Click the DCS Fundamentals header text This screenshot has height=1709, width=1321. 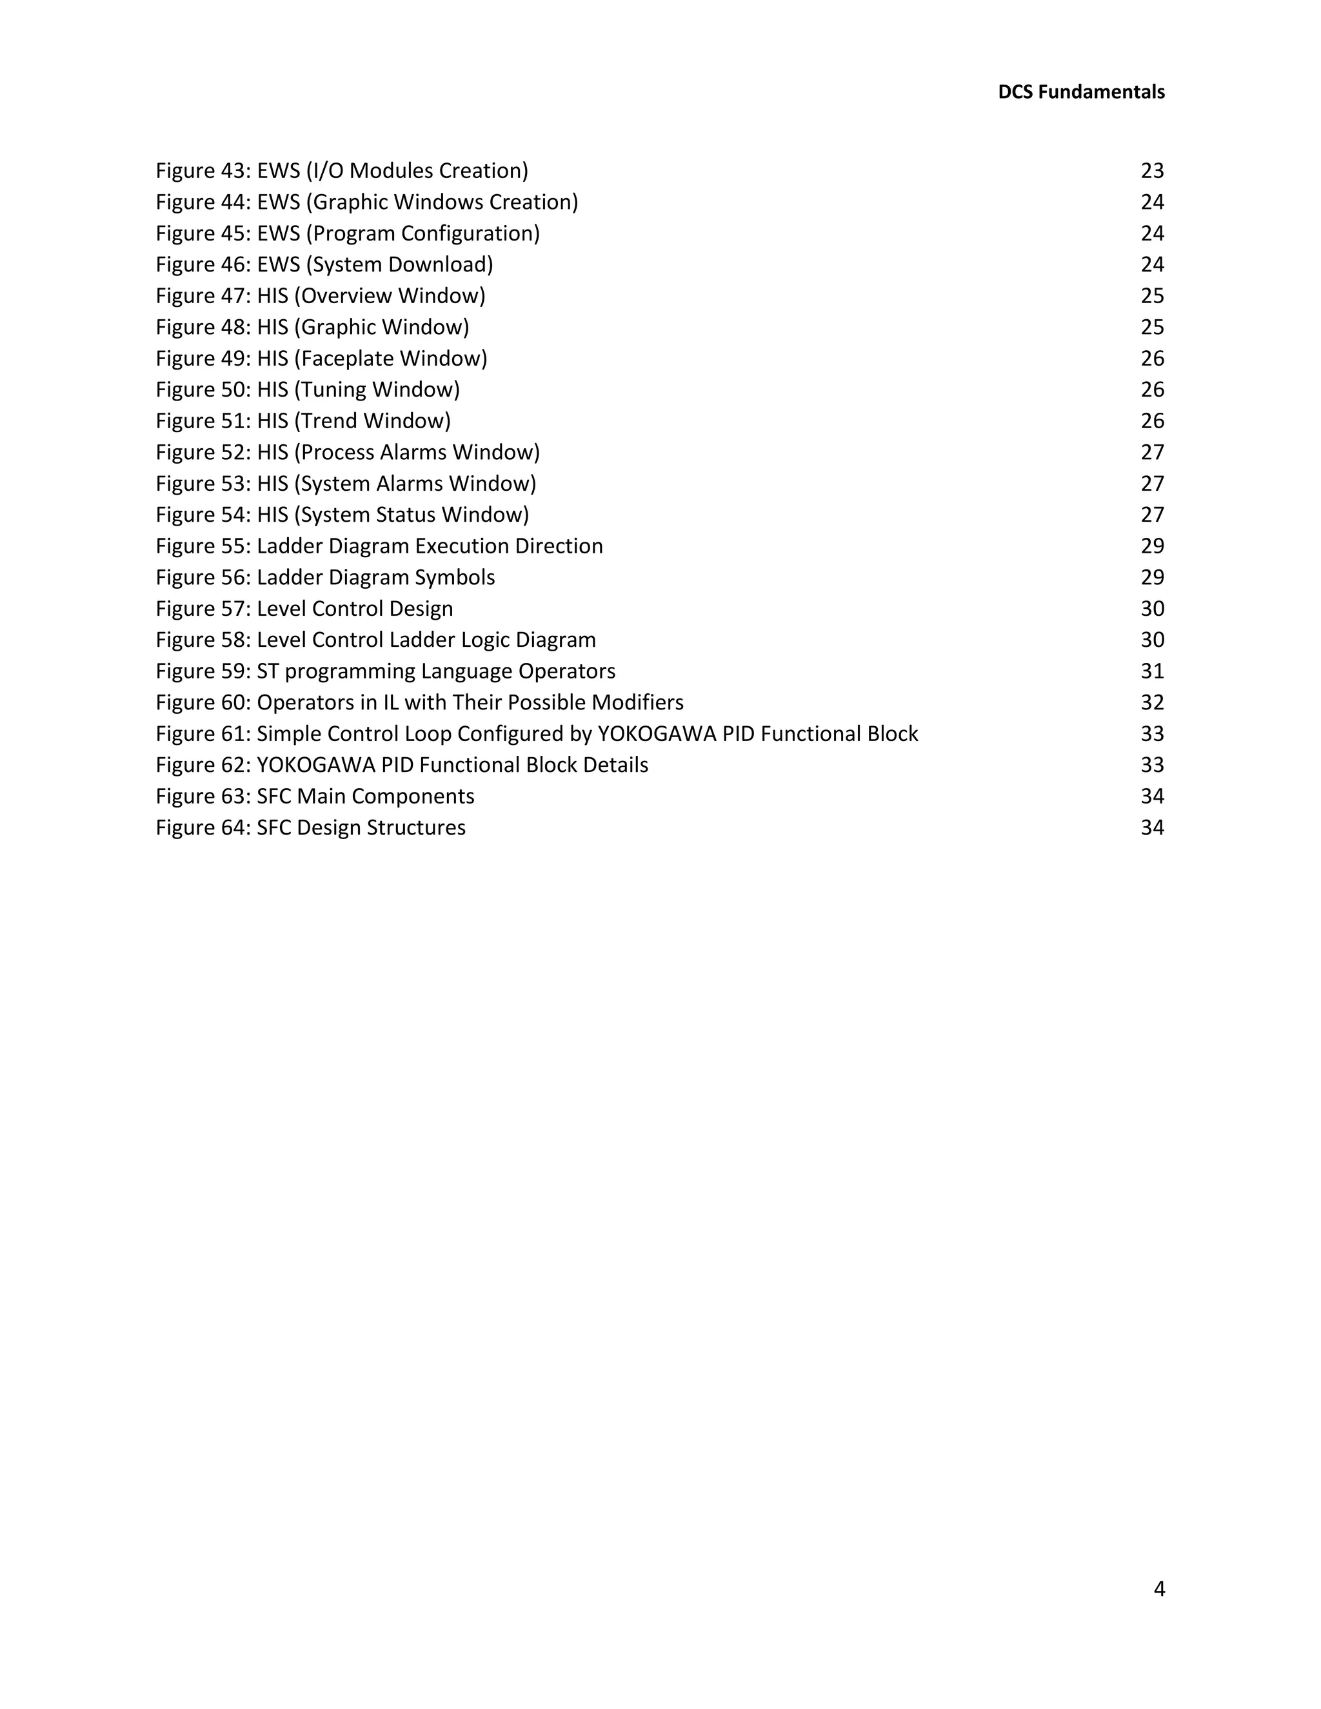click(x=1081, y=92)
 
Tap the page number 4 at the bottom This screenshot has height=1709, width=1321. click(x=1158, y=1588)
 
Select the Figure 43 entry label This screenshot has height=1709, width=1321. click(x=203, y=171)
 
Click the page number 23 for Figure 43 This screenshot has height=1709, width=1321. click(x=1152, y=171)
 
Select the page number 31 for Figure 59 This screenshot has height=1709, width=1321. click(x=1152, y=671)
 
